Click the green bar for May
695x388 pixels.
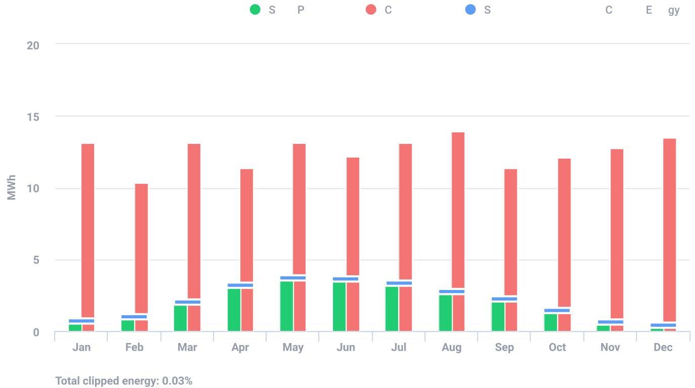coord(286,306)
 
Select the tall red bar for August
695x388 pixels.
coord(458,210)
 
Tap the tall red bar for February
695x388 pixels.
coord(141,248)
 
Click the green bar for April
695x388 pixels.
coord(234,310)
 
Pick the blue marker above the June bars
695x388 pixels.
coord(345,279)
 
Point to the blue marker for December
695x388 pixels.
coord(663,325)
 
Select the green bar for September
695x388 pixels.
coord(498,317)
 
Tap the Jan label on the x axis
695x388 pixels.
coord(81,347)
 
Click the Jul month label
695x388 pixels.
coord(399,347)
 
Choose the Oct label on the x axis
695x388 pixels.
coord(557,347)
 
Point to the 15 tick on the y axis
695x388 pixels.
coord(33,117)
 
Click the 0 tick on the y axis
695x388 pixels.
coord(36,332)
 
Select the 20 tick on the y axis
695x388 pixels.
coord(33,45)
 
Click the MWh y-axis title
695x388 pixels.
coord(12,188)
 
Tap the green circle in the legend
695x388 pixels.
coord(255,10)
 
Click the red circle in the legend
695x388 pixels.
coord(371,10)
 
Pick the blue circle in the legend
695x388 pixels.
coord(470,10)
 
